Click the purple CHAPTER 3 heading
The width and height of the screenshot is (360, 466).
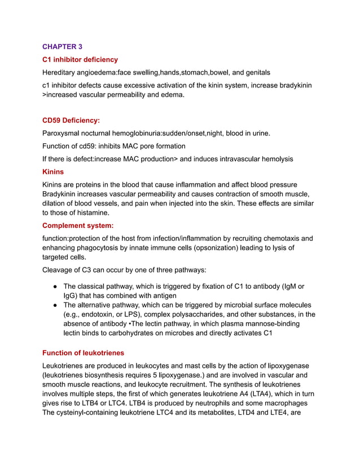62,46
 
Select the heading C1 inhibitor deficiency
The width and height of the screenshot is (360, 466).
80,59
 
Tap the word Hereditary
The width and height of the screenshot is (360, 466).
61,72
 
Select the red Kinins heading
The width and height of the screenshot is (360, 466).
53,172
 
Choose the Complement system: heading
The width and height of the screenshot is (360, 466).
78,225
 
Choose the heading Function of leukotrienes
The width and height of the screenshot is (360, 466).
83,353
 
